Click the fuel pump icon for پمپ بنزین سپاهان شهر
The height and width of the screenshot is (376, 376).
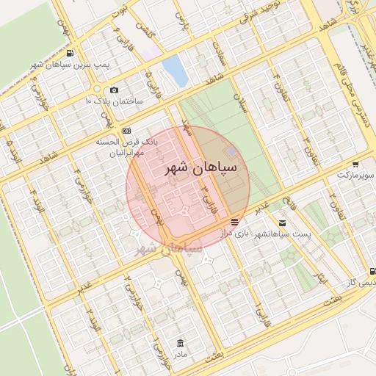(x=70, y=54)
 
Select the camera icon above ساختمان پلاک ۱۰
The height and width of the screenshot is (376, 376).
(x=114, y=90)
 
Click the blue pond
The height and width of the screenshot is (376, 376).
(x=175, y=70)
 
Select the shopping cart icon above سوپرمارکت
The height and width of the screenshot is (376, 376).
(x=355, y=164)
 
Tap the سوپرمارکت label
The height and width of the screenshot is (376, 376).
(x=355, y=176)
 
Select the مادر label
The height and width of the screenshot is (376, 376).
(x=181, y=354)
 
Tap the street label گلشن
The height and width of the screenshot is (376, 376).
(x=151, y=28)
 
